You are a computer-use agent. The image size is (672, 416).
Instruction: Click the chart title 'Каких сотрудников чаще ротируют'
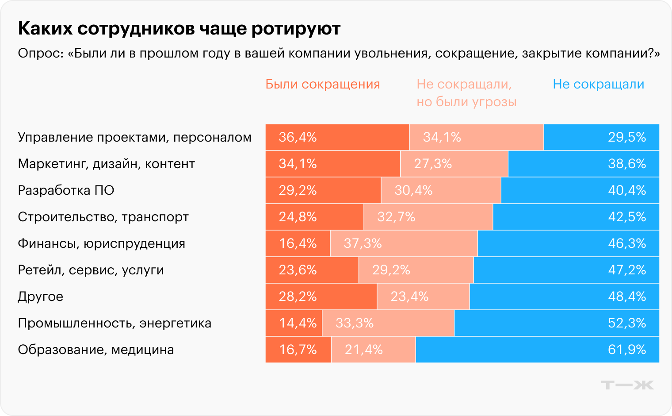179,28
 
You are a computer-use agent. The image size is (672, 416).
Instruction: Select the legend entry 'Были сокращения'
322,84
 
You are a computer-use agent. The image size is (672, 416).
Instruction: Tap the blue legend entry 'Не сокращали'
598,84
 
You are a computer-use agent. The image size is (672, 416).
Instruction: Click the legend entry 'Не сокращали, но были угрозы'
466,93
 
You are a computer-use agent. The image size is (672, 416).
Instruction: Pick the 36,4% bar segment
337,137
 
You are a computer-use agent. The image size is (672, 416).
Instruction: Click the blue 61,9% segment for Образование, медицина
537,350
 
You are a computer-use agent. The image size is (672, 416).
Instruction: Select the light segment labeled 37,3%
404,243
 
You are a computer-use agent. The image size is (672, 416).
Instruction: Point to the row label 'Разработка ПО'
66,190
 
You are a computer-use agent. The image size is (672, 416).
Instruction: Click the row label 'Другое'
40,297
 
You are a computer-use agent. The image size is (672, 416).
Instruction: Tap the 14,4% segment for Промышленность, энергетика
294,323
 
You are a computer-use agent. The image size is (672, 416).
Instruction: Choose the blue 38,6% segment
584,164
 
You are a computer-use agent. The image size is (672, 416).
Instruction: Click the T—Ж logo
627,385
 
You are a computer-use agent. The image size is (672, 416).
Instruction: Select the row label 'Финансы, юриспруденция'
101,243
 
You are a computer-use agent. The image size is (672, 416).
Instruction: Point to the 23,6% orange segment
312,270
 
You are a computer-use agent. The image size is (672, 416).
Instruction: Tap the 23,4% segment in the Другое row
423,297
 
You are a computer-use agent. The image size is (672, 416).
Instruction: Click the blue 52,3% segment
557,323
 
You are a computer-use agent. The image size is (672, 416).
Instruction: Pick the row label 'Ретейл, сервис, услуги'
91,270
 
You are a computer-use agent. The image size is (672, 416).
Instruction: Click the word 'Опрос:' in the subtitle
40,54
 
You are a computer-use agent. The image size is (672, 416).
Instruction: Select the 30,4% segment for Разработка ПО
441,190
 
